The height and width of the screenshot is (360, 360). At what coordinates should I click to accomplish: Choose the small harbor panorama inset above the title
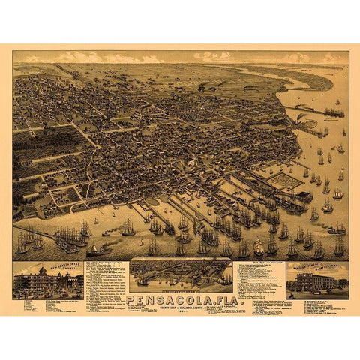(x=180, y=275)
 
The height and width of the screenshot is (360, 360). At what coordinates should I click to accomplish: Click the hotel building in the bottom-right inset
(x=316, y=282)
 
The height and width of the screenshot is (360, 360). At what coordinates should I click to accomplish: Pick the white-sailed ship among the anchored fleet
(x=259, y=246)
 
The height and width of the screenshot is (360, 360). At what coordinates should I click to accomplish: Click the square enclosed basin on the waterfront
(x=284, y=181)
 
